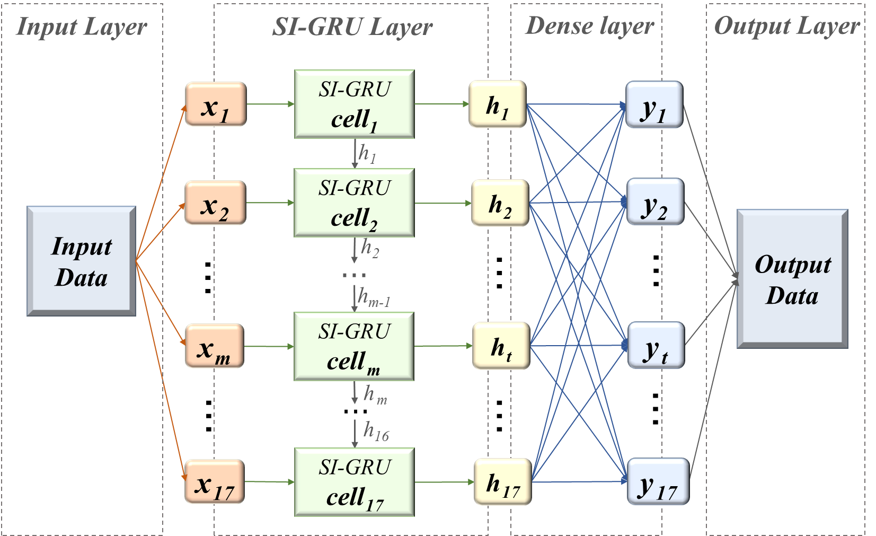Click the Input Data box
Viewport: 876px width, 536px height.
(x=81, y=261)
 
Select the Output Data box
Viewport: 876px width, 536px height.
(x=792, y=279)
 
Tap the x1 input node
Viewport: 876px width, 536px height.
(x=215, y=104)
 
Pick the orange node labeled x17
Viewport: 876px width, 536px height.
(x=214, y=482)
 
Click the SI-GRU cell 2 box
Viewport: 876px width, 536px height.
(x=354, y=203)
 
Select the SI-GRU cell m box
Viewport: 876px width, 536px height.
(x=354, y=346)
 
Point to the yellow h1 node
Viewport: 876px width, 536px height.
(x=497, y=104)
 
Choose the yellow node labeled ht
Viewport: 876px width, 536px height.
(x=501, y=346)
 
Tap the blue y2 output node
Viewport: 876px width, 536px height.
(x=655, y=202)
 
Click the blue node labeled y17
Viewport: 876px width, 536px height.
(x=658, y=481)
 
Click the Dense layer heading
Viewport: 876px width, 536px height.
(x=589, y=27)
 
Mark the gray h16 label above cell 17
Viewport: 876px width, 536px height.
(x=376, y=432)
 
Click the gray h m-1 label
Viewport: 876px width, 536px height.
(x=374, y=297)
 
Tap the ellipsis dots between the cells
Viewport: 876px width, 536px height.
(x=354, y=275)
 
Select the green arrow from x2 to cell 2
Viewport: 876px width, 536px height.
(x=270, y=203)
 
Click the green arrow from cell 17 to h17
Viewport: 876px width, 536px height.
(x=444, y=482)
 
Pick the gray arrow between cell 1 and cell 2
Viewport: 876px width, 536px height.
(x=355, y=154)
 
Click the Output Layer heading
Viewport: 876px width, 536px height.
(x=786, y=27)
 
